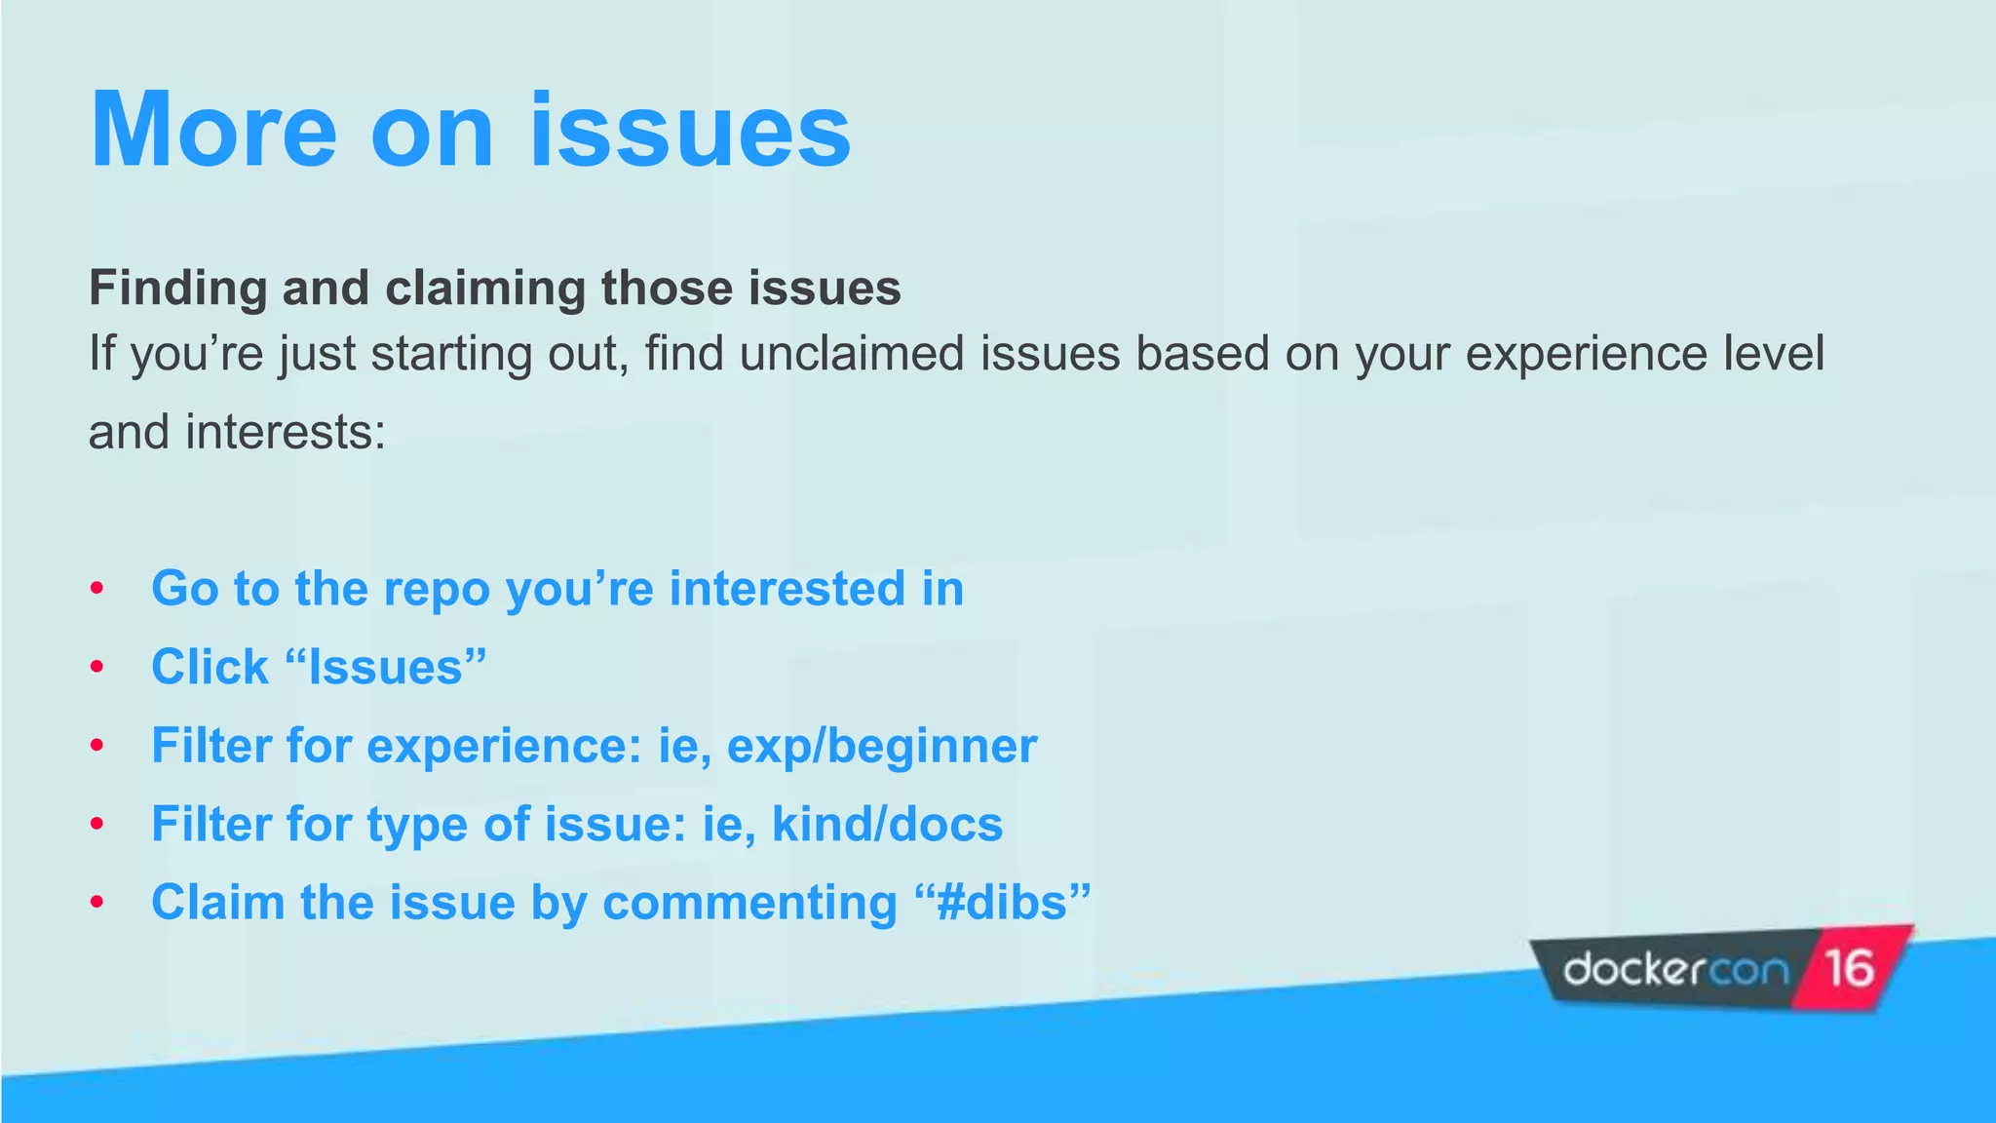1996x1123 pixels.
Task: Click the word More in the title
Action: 212,131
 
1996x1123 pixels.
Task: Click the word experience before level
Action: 1586,353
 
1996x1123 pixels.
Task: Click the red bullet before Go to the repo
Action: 96,589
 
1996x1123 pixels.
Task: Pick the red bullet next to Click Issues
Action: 96,668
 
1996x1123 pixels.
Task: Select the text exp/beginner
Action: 881,747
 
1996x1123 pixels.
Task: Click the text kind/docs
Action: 887,825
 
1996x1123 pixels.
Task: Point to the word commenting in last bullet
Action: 749,903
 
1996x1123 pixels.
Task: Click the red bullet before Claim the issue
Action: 96,903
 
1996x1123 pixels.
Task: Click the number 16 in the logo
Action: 1849,969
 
